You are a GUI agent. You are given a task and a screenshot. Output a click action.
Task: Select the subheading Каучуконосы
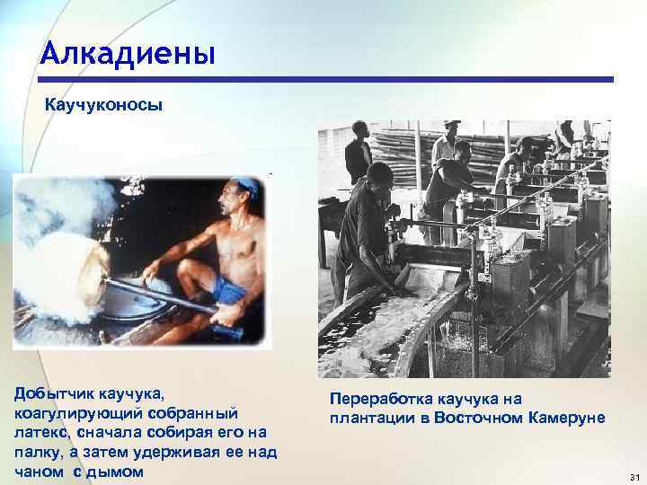[x=104, y=106]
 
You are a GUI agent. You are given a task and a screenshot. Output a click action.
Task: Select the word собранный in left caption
[x=186, y=413]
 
